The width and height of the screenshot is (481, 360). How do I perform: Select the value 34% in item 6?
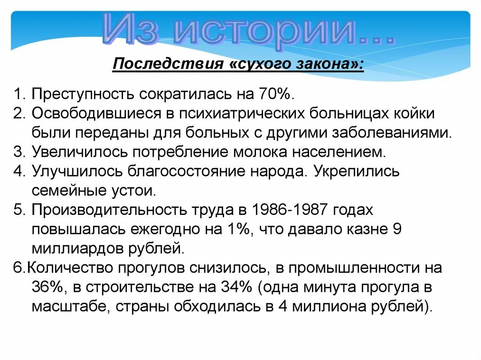pos(235,287)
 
